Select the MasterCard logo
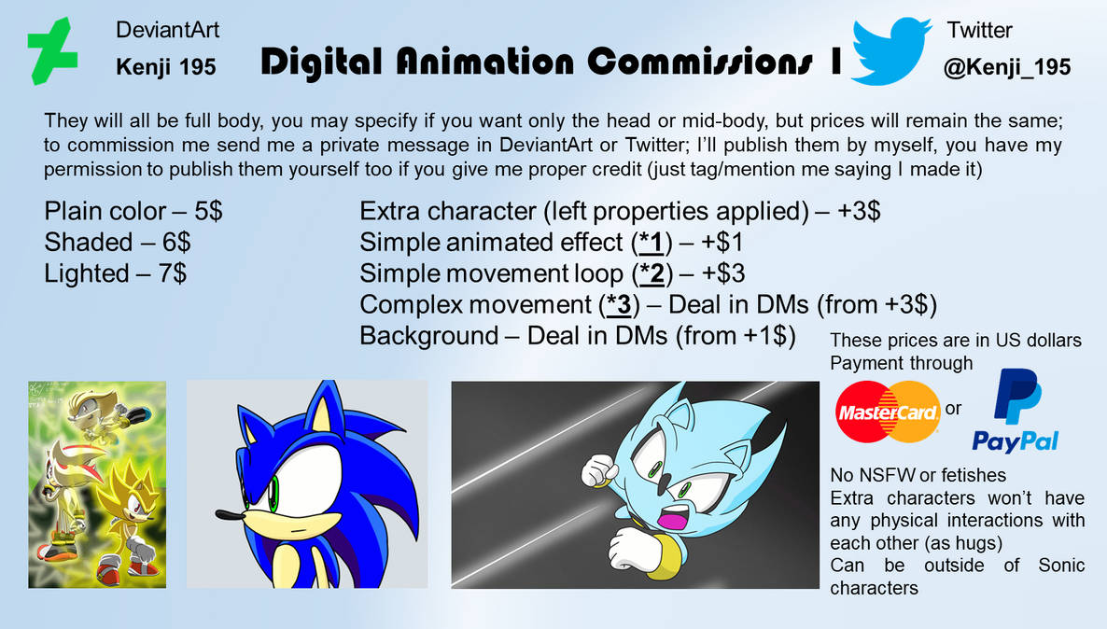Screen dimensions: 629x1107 (887, 412)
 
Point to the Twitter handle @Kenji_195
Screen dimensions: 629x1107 (1007, 67)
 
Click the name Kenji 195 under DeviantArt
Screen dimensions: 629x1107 (166, 67)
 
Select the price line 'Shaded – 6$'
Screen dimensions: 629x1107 (118, 243)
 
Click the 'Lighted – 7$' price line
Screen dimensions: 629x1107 (115, 273)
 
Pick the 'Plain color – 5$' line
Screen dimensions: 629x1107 (133, 212)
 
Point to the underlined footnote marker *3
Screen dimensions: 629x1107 (617, 304)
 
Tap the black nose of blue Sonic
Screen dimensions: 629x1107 (221, 514)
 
